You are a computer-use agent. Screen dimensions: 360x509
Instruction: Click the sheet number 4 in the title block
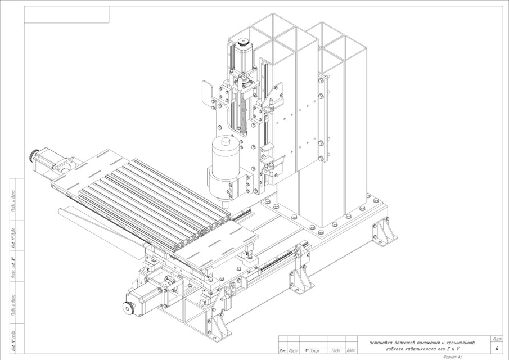[x=497, y=349]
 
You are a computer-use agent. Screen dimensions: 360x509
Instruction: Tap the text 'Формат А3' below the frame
[x=453, y=357]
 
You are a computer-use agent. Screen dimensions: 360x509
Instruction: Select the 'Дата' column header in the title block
[x=351, y=351]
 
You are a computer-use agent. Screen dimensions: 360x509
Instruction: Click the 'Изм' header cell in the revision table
[x=282, y=351]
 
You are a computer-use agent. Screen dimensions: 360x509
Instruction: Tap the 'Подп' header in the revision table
[x=336, y=351]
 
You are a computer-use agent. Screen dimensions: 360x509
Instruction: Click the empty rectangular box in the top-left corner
[x=66, y=15]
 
